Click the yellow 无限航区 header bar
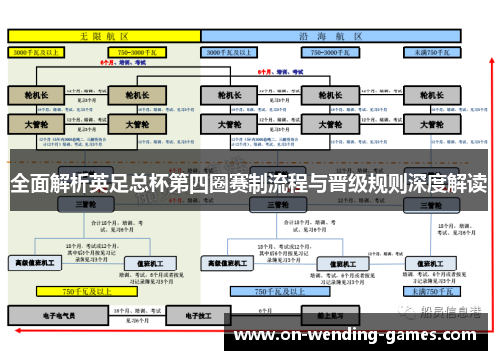click(x=103, y=35)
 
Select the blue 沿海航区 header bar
click(x=333, y=35)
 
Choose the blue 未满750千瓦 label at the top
click(x=434, y=51)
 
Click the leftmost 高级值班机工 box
click(x=35, y=264)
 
